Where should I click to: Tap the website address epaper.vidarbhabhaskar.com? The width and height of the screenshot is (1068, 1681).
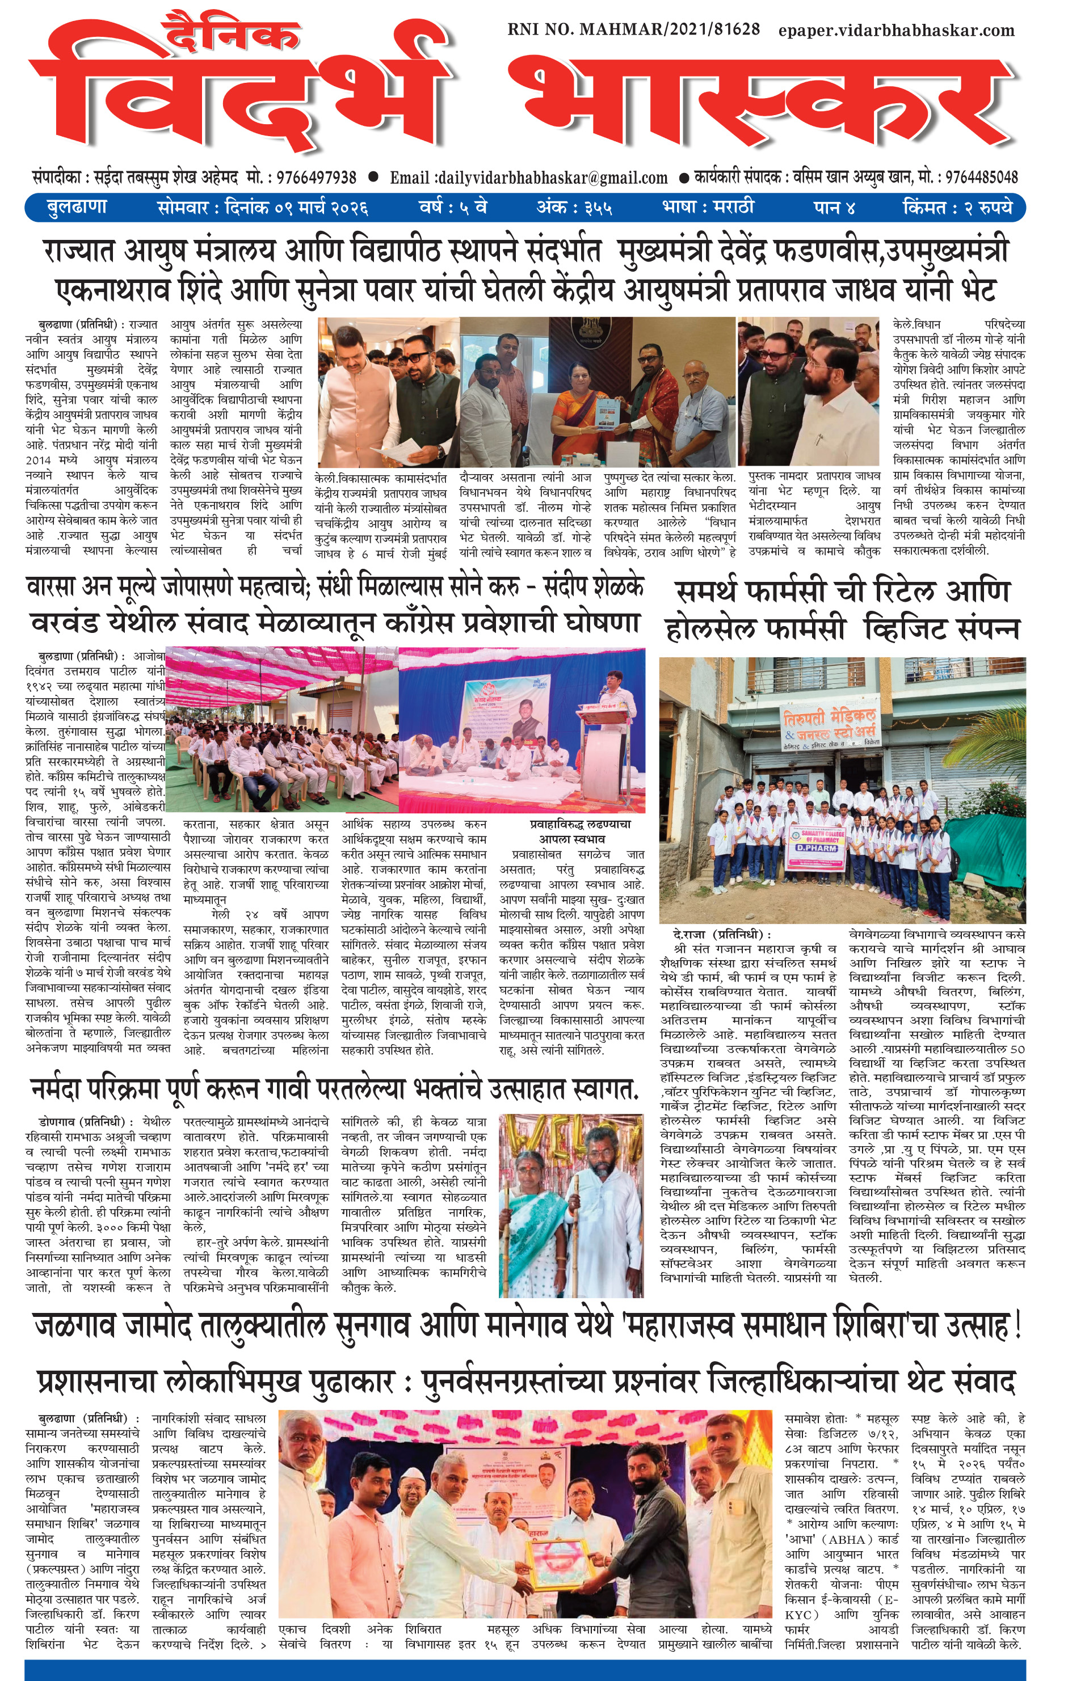tap(896, 30)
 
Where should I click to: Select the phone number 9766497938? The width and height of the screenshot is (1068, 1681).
tap(317, 178)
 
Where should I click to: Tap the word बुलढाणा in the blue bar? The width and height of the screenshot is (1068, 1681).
tap(77, 208)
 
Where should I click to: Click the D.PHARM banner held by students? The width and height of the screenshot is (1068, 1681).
tap(817, 850)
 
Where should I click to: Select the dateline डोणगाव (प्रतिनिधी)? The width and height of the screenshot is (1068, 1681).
tap(81, 1122)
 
